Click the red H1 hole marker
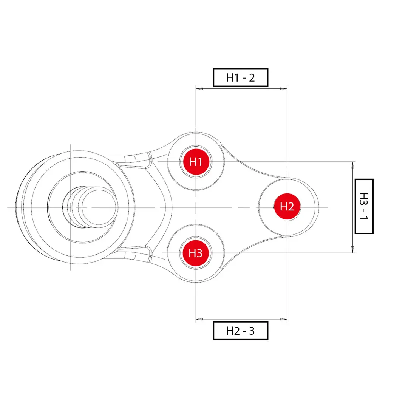point(196,162)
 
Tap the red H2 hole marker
point(287,207)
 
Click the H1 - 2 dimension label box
point(241,77)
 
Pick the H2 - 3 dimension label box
point(241,331)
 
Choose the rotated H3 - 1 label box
point(364,206)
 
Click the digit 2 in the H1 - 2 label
point(252,77)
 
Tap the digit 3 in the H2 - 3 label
point(251,331)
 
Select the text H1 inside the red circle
point(196,162)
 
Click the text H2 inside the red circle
point(287,207)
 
